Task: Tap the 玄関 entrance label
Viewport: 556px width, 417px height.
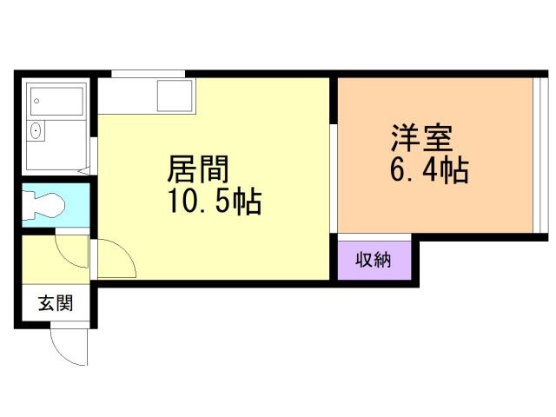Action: [x=54, y=304]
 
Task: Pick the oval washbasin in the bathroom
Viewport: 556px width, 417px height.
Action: [x=36, y=132]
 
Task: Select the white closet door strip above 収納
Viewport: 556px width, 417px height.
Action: [x=374, y=236]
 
